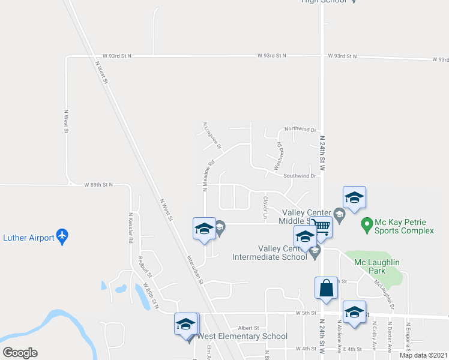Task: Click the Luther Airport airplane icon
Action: pyautogui.click(x=62, y=237)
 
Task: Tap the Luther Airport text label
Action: pyautogui.click(x=28, y=238)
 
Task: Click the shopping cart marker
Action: pyautogui.click(x=322, y=229)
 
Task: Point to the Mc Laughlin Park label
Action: pyautogui.click(x=377, y=262)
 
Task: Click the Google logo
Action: pyautogui.click(x=20, y=353)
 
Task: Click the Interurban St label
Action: pyautogui.click(x=195, y=272)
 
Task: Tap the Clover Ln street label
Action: pyautogui.click(x=264, y=206)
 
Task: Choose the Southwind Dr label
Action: pyautogui.click(x=300, y=176)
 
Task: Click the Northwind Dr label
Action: pyautogui.click(x=300, y=129)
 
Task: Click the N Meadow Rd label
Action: pyautogui.click(x=208, y=175)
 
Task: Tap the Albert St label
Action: pyautogui.click(x=248, y=328)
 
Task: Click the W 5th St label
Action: pyautogui.click(x=306, y=313)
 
